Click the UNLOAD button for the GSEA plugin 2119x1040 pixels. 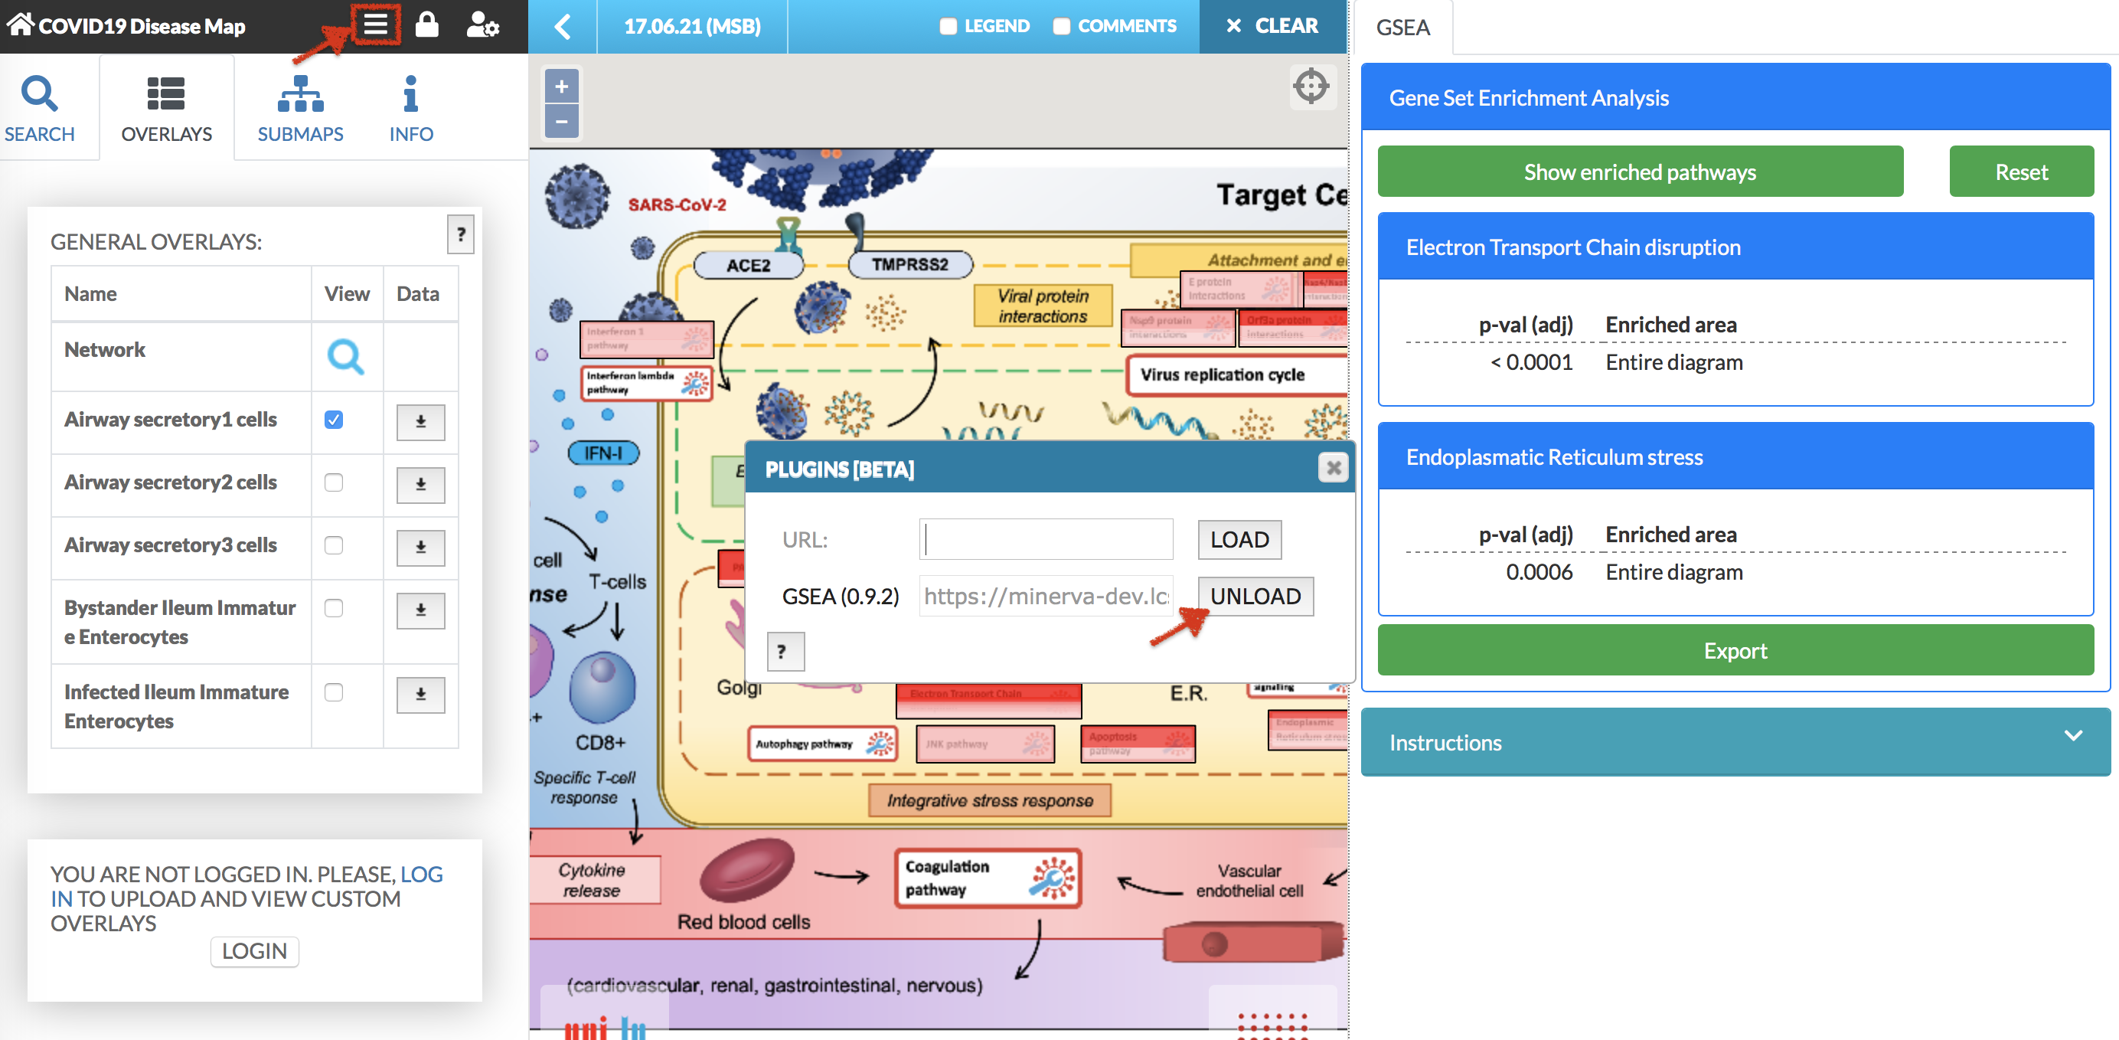(1255, 596)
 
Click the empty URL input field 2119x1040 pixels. (1046, 539)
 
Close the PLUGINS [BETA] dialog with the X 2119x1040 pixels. (1333, 468)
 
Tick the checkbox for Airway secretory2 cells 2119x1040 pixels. (333, 482)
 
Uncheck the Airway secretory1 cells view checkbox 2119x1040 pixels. (333, 420)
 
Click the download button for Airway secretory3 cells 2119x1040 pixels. (420, 547)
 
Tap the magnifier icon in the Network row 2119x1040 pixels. (345, 356)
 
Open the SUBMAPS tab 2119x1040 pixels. (300, 108)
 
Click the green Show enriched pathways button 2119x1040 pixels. (1640, 172)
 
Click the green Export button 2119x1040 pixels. (1735, 651)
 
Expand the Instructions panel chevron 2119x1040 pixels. (2073, 735)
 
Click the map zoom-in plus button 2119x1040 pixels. (562, 87)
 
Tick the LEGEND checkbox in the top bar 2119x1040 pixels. (948, 26)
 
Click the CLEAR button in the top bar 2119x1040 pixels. (1272, 26)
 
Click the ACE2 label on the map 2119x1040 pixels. (748, 266)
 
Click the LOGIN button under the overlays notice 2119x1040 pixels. (254, 951)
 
